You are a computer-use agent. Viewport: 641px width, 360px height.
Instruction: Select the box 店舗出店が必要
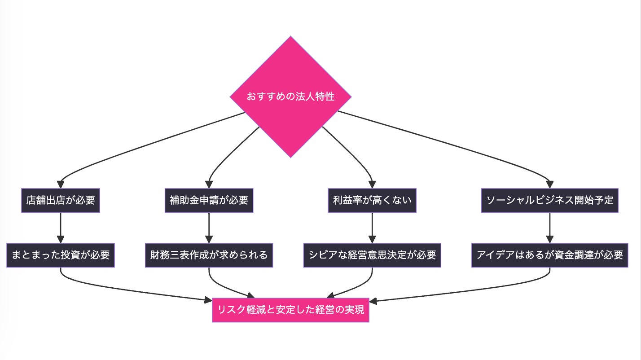tap(61, 200)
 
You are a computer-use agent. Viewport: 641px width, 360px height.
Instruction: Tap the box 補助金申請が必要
tap(209, 200)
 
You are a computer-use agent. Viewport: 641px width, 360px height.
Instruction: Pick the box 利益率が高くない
tap(372, 200)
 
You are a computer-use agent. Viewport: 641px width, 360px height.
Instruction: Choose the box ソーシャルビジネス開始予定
tap(550, 200)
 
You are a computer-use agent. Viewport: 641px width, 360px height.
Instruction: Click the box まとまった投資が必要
tap(61, 255)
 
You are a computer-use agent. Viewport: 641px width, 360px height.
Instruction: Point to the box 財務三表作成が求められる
tap(209, 255)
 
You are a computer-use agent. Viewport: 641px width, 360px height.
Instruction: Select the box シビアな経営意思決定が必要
tap(372, 255)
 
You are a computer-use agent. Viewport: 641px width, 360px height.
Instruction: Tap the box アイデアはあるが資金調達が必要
tap(550, 255)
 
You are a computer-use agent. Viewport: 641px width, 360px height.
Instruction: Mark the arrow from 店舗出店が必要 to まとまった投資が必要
tap(61, 227)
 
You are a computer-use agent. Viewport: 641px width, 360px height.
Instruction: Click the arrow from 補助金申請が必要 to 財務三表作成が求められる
tap(209, 227)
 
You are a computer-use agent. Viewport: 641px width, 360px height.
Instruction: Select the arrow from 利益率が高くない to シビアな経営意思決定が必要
tap(372, 227)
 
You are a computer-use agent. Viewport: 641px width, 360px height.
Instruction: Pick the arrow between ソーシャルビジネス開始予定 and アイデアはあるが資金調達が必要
tap(550, 227)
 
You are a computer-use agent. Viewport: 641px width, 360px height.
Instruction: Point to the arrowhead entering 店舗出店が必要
tap(61, 184)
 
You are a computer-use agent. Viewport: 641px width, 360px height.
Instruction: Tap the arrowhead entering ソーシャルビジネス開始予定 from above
tap(550, 184)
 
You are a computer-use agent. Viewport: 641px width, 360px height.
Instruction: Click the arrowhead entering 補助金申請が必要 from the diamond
tap(209, 184)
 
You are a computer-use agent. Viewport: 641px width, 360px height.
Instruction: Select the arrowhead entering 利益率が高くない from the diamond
tap(372, 184)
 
